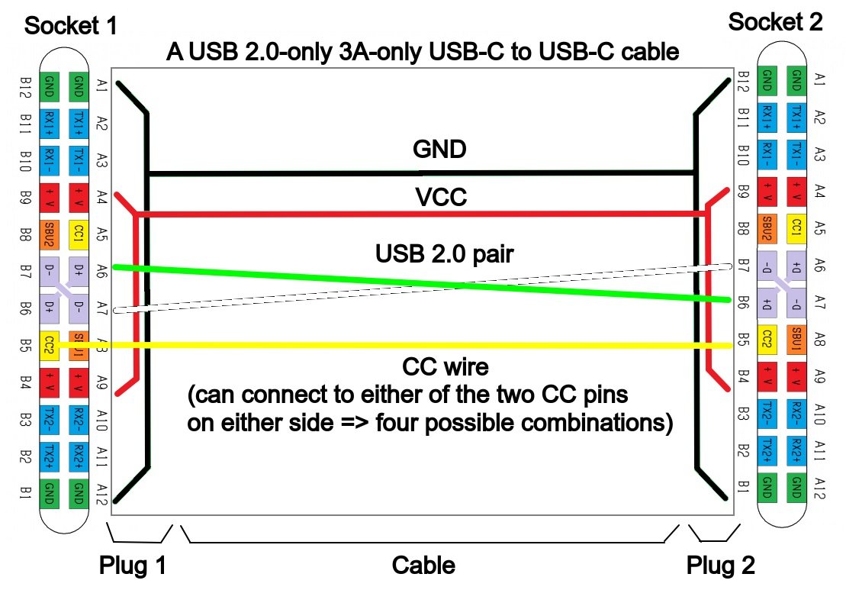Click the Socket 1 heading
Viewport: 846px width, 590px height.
pos(72,27)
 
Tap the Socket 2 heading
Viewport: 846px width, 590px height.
pos(776,21)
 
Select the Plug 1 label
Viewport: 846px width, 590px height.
pos(133,566)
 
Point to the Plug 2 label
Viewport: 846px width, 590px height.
pos(721,566)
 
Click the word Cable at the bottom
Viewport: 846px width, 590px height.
pos(423,566)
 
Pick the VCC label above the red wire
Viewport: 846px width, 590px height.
pos(440,198)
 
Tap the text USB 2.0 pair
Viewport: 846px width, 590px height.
pos(446,252)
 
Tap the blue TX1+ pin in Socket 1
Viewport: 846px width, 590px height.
pos(78,121)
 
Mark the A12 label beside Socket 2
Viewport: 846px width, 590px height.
pos(820,482)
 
